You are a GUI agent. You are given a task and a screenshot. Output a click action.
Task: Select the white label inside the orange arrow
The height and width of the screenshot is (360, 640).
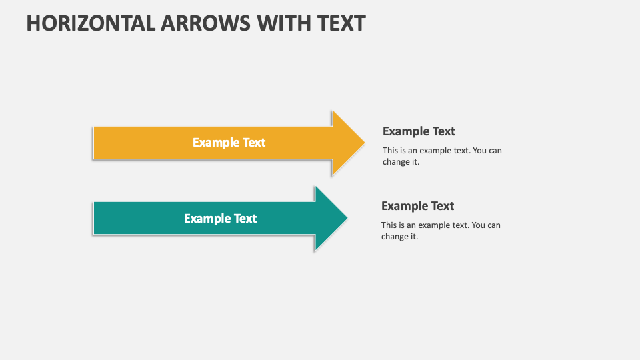229,143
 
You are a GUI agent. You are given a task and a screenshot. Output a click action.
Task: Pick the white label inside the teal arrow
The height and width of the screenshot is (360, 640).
220,219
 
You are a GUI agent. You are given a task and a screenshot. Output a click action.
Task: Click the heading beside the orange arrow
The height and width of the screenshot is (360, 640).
419,131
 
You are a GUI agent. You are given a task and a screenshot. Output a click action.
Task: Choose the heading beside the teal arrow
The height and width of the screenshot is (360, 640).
417,206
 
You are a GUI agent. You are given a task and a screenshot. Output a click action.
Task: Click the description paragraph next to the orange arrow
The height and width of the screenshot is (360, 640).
442,156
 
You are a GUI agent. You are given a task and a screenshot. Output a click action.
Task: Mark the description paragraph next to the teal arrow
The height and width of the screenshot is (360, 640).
441,231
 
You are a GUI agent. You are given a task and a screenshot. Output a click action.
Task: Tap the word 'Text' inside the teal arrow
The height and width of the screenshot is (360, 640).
245,219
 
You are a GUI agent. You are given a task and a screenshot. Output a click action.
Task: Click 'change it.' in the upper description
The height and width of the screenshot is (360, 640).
401,162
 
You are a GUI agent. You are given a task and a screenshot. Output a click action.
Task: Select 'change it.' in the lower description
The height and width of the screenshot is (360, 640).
399,237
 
